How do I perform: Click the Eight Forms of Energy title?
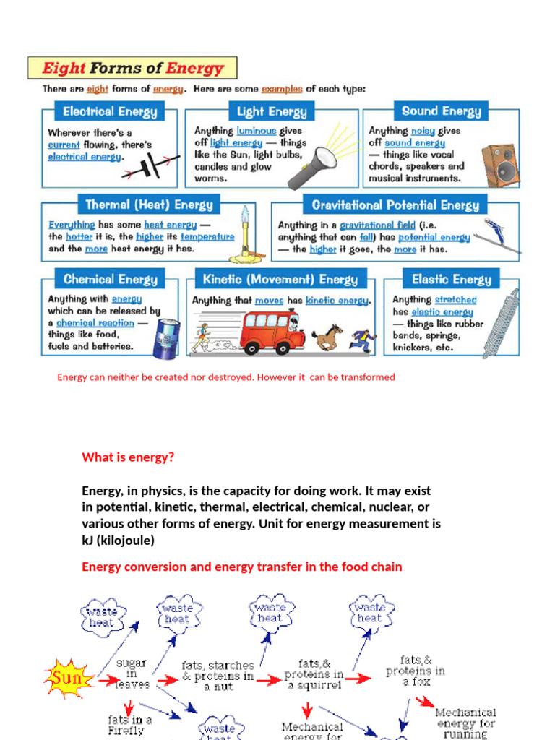click(132, 69)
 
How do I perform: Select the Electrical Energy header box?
click(109, 112)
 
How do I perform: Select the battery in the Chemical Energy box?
click(165, 337)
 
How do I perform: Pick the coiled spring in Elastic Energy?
click(501, 323)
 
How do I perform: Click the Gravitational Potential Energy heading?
click(395, 205)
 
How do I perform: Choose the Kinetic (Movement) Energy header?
click(280, 280)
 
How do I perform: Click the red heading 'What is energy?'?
click(128, 457)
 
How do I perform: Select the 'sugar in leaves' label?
click(132, 674)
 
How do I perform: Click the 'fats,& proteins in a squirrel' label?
click(314, 674)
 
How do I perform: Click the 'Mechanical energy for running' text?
click(466, 723)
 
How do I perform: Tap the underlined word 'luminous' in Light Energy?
click(256, 131)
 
